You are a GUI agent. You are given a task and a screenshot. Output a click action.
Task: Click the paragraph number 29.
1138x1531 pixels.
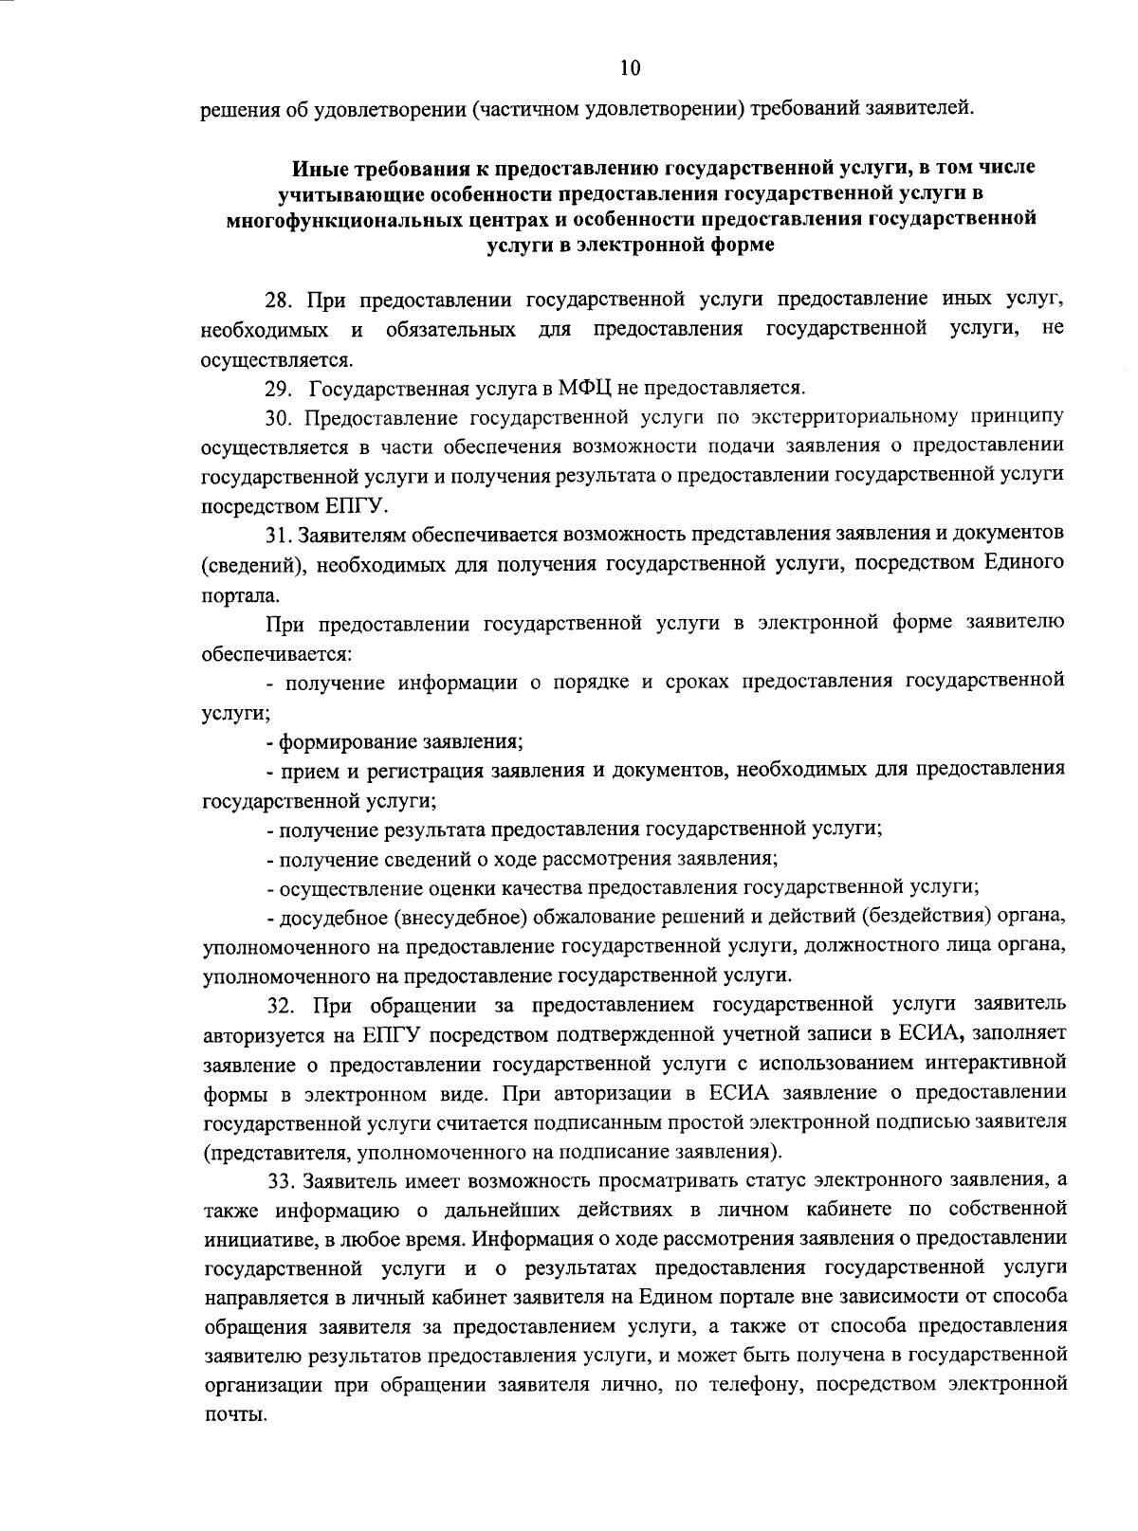pyautogui.click(x=278, y=388)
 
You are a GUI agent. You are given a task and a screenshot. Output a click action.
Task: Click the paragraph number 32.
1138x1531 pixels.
pyautogui.click(x=282, y=1005)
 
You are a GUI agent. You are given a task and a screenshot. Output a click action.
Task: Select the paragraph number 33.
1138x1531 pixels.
pyautogui.click(x=281, y=1181)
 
